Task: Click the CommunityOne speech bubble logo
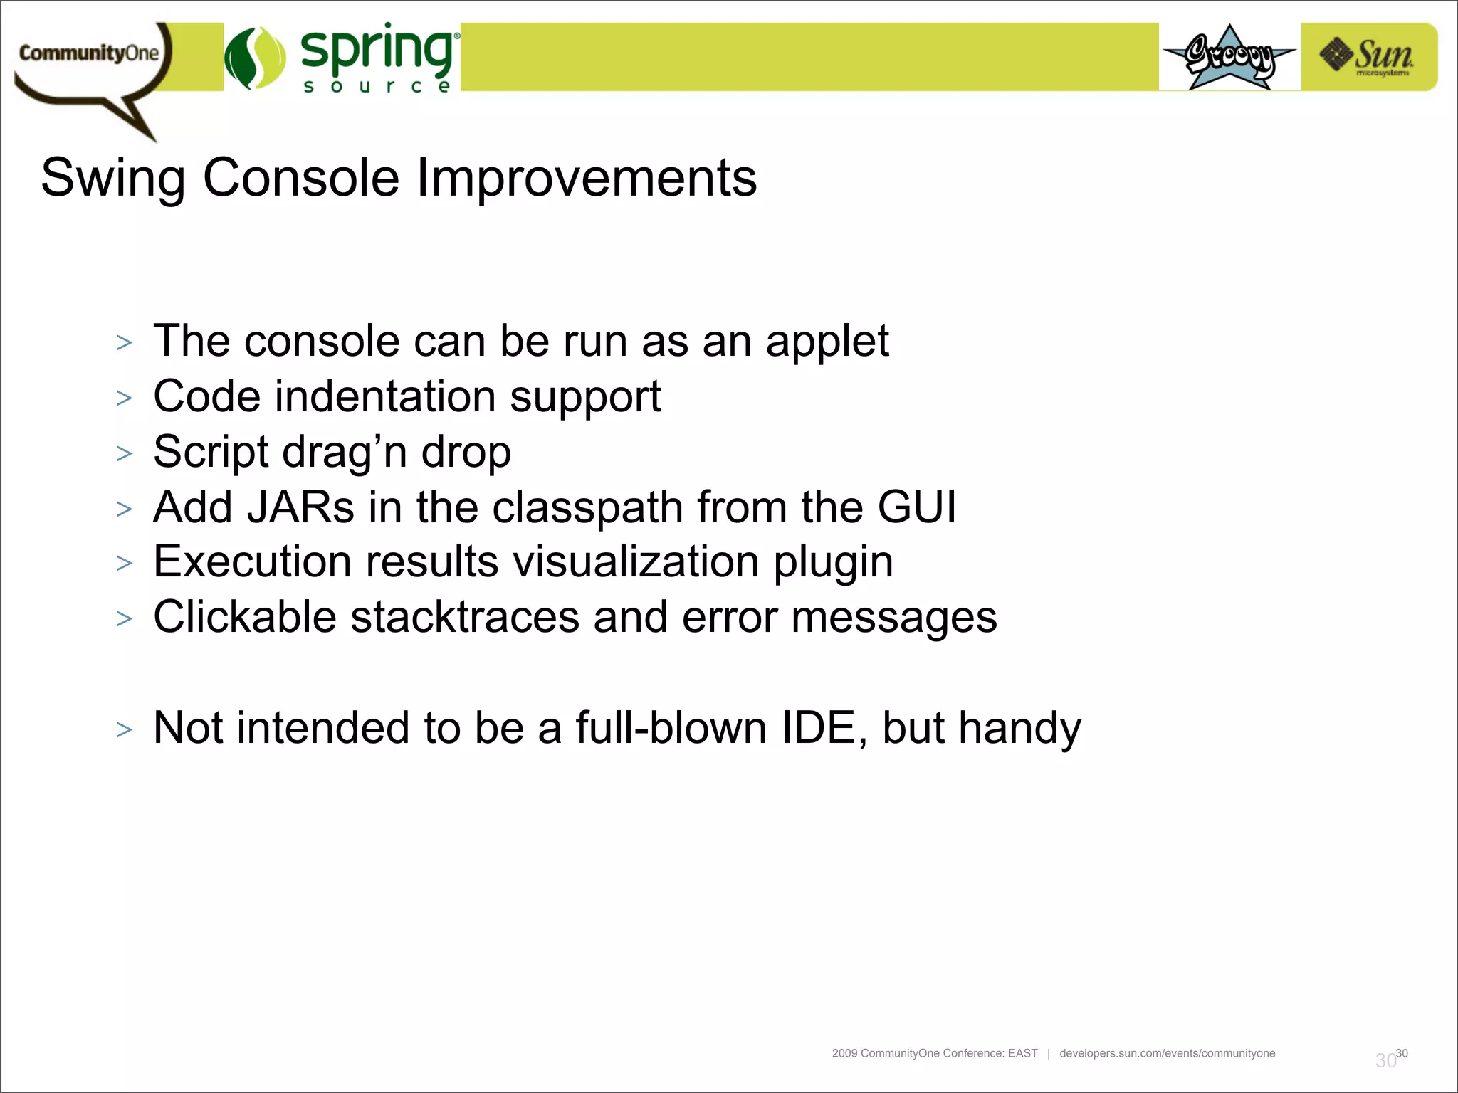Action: pyautogui.click(x=89, y=60)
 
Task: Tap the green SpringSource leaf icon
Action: pyautogui.click(x=254, y=58)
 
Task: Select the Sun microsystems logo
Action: pyautogui.click(x=1368, y=57)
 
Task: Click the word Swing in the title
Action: pyautogui.click(x=112, y=178)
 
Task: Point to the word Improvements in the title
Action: pyautogui.click(x=586, y=178)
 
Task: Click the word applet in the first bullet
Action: pyautogui.click(x=827, y=342)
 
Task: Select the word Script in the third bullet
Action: pyautogui.click(x=211, y=453)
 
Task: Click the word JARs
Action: pyautogui.click(x=300, y=507)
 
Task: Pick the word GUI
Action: pyautogui.click(x=916, y=507)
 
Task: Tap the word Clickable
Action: pyautogui.click(x=244, y=617)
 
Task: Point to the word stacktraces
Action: pyautogui.click(x=464, y=617)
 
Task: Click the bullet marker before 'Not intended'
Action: pyautogui.click(x=125, y=730)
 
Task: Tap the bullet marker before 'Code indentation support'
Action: pyautogui.click(x=125, y=398)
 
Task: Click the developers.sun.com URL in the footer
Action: pyautogui.click(x=1167, y=1053)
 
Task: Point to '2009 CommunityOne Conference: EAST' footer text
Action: pyautogui.click(x=934, y=1053)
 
